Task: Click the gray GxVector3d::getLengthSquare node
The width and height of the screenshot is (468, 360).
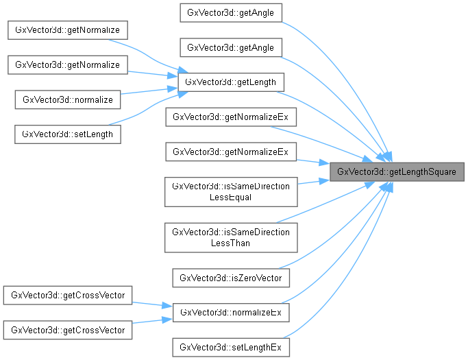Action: [397, 171]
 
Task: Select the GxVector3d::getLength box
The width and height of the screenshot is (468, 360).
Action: [231, 82]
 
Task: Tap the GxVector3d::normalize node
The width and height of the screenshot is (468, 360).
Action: [68, 99]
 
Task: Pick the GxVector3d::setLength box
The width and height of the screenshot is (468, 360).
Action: [68, 134]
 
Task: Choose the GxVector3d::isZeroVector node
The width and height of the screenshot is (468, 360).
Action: [231, 278]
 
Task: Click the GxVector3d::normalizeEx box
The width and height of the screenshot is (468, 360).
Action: [231, 312]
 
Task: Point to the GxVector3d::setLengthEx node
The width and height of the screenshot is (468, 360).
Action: [231, 347]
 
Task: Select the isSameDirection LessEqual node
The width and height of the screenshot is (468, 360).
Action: [231, 192]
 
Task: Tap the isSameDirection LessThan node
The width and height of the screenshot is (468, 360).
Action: [231, 237]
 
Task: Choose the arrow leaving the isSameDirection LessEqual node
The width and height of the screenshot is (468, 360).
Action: [312, 182]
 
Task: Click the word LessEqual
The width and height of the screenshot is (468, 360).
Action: [231, 197]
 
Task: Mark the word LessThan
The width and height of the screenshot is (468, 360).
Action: [231, 243]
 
